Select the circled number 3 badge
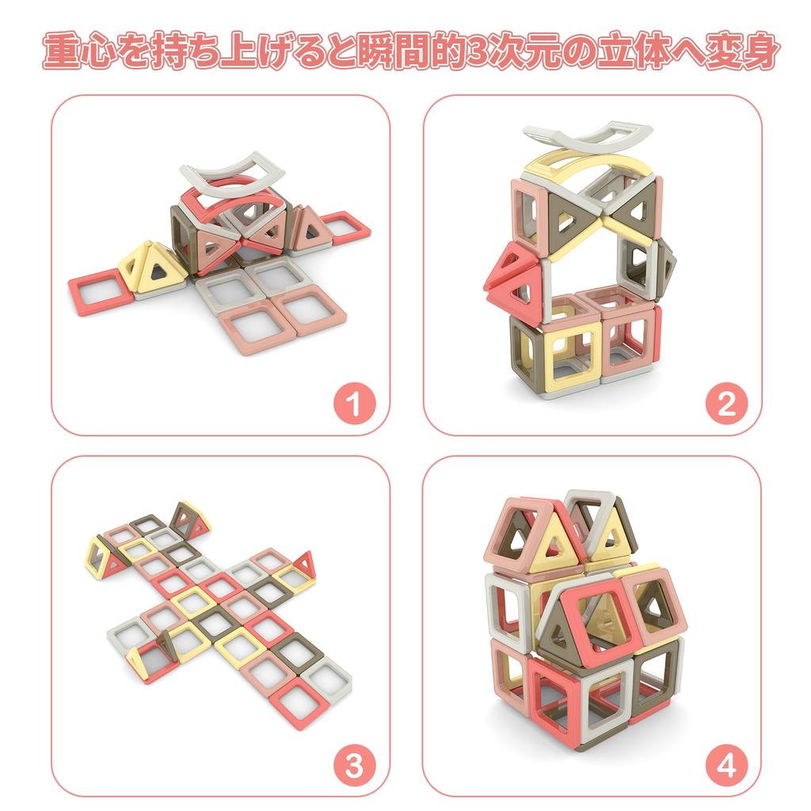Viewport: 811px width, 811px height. (353, 766)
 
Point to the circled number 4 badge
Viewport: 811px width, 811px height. (725, 766)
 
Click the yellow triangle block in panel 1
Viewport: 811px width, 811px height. (154, 267)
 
